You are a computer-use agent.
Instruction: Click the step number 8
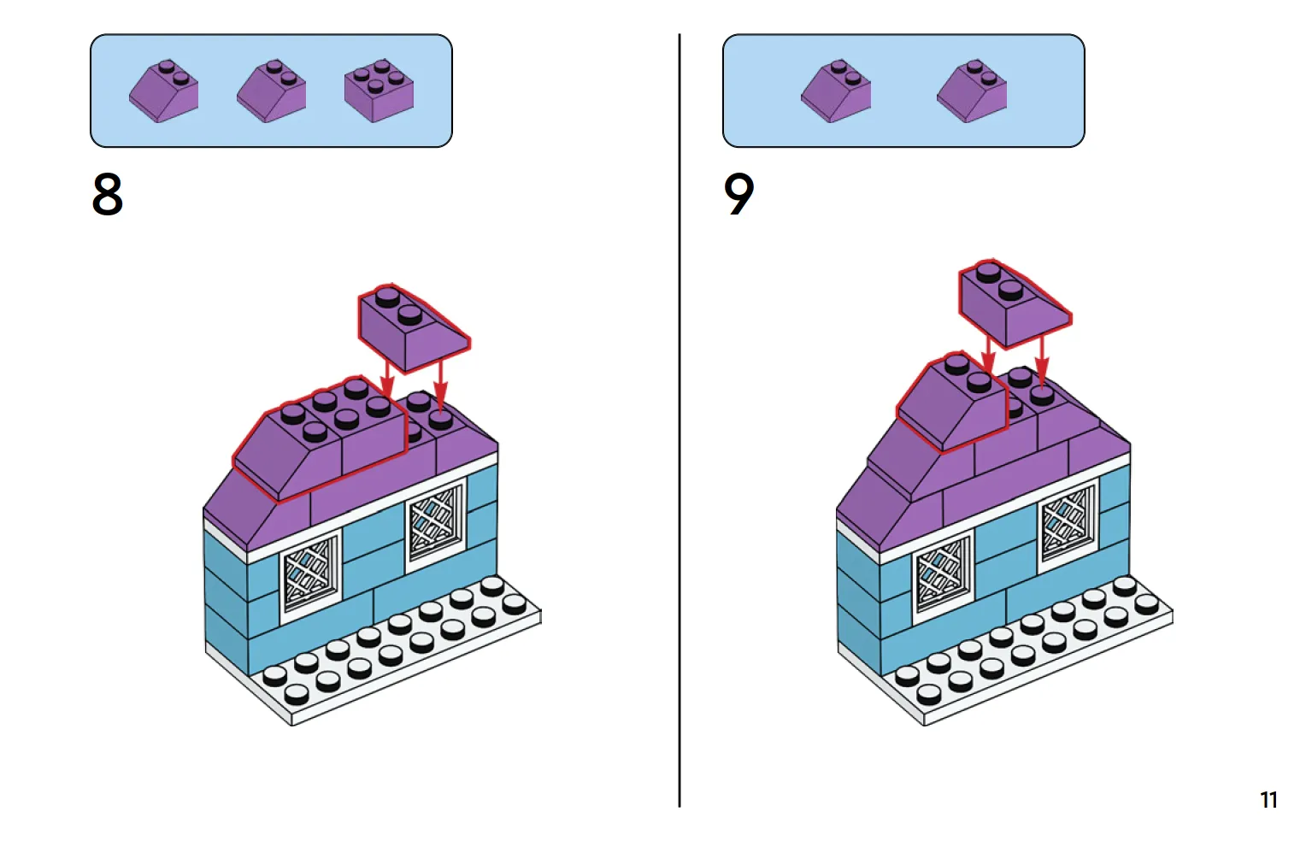tap(108, 195)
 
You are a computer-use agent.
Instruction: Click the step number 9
tap(739, 195)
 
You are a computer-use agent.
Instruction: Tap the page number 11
tap(1268, 800)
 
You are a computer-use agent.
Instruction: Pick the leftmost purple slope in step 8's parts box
tap(164, 91)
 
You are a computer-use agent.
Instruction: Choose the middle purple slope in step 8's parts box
tap(272, 91)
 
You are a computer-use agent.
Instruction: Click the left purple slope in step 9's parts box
tap(836, 91)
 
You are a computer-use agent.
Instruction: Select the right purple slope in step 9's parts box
tap(973, 91)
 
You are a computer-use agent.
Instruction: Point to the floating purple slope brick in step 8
tap(411, 328)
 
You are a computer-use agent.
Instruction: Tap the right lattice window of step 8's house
tap(435, 523)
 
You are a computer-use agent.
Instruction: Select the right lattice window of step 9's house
tap(1068, 523)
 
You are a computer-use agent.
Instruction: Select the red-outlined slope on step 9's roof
tap(951, 402)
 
